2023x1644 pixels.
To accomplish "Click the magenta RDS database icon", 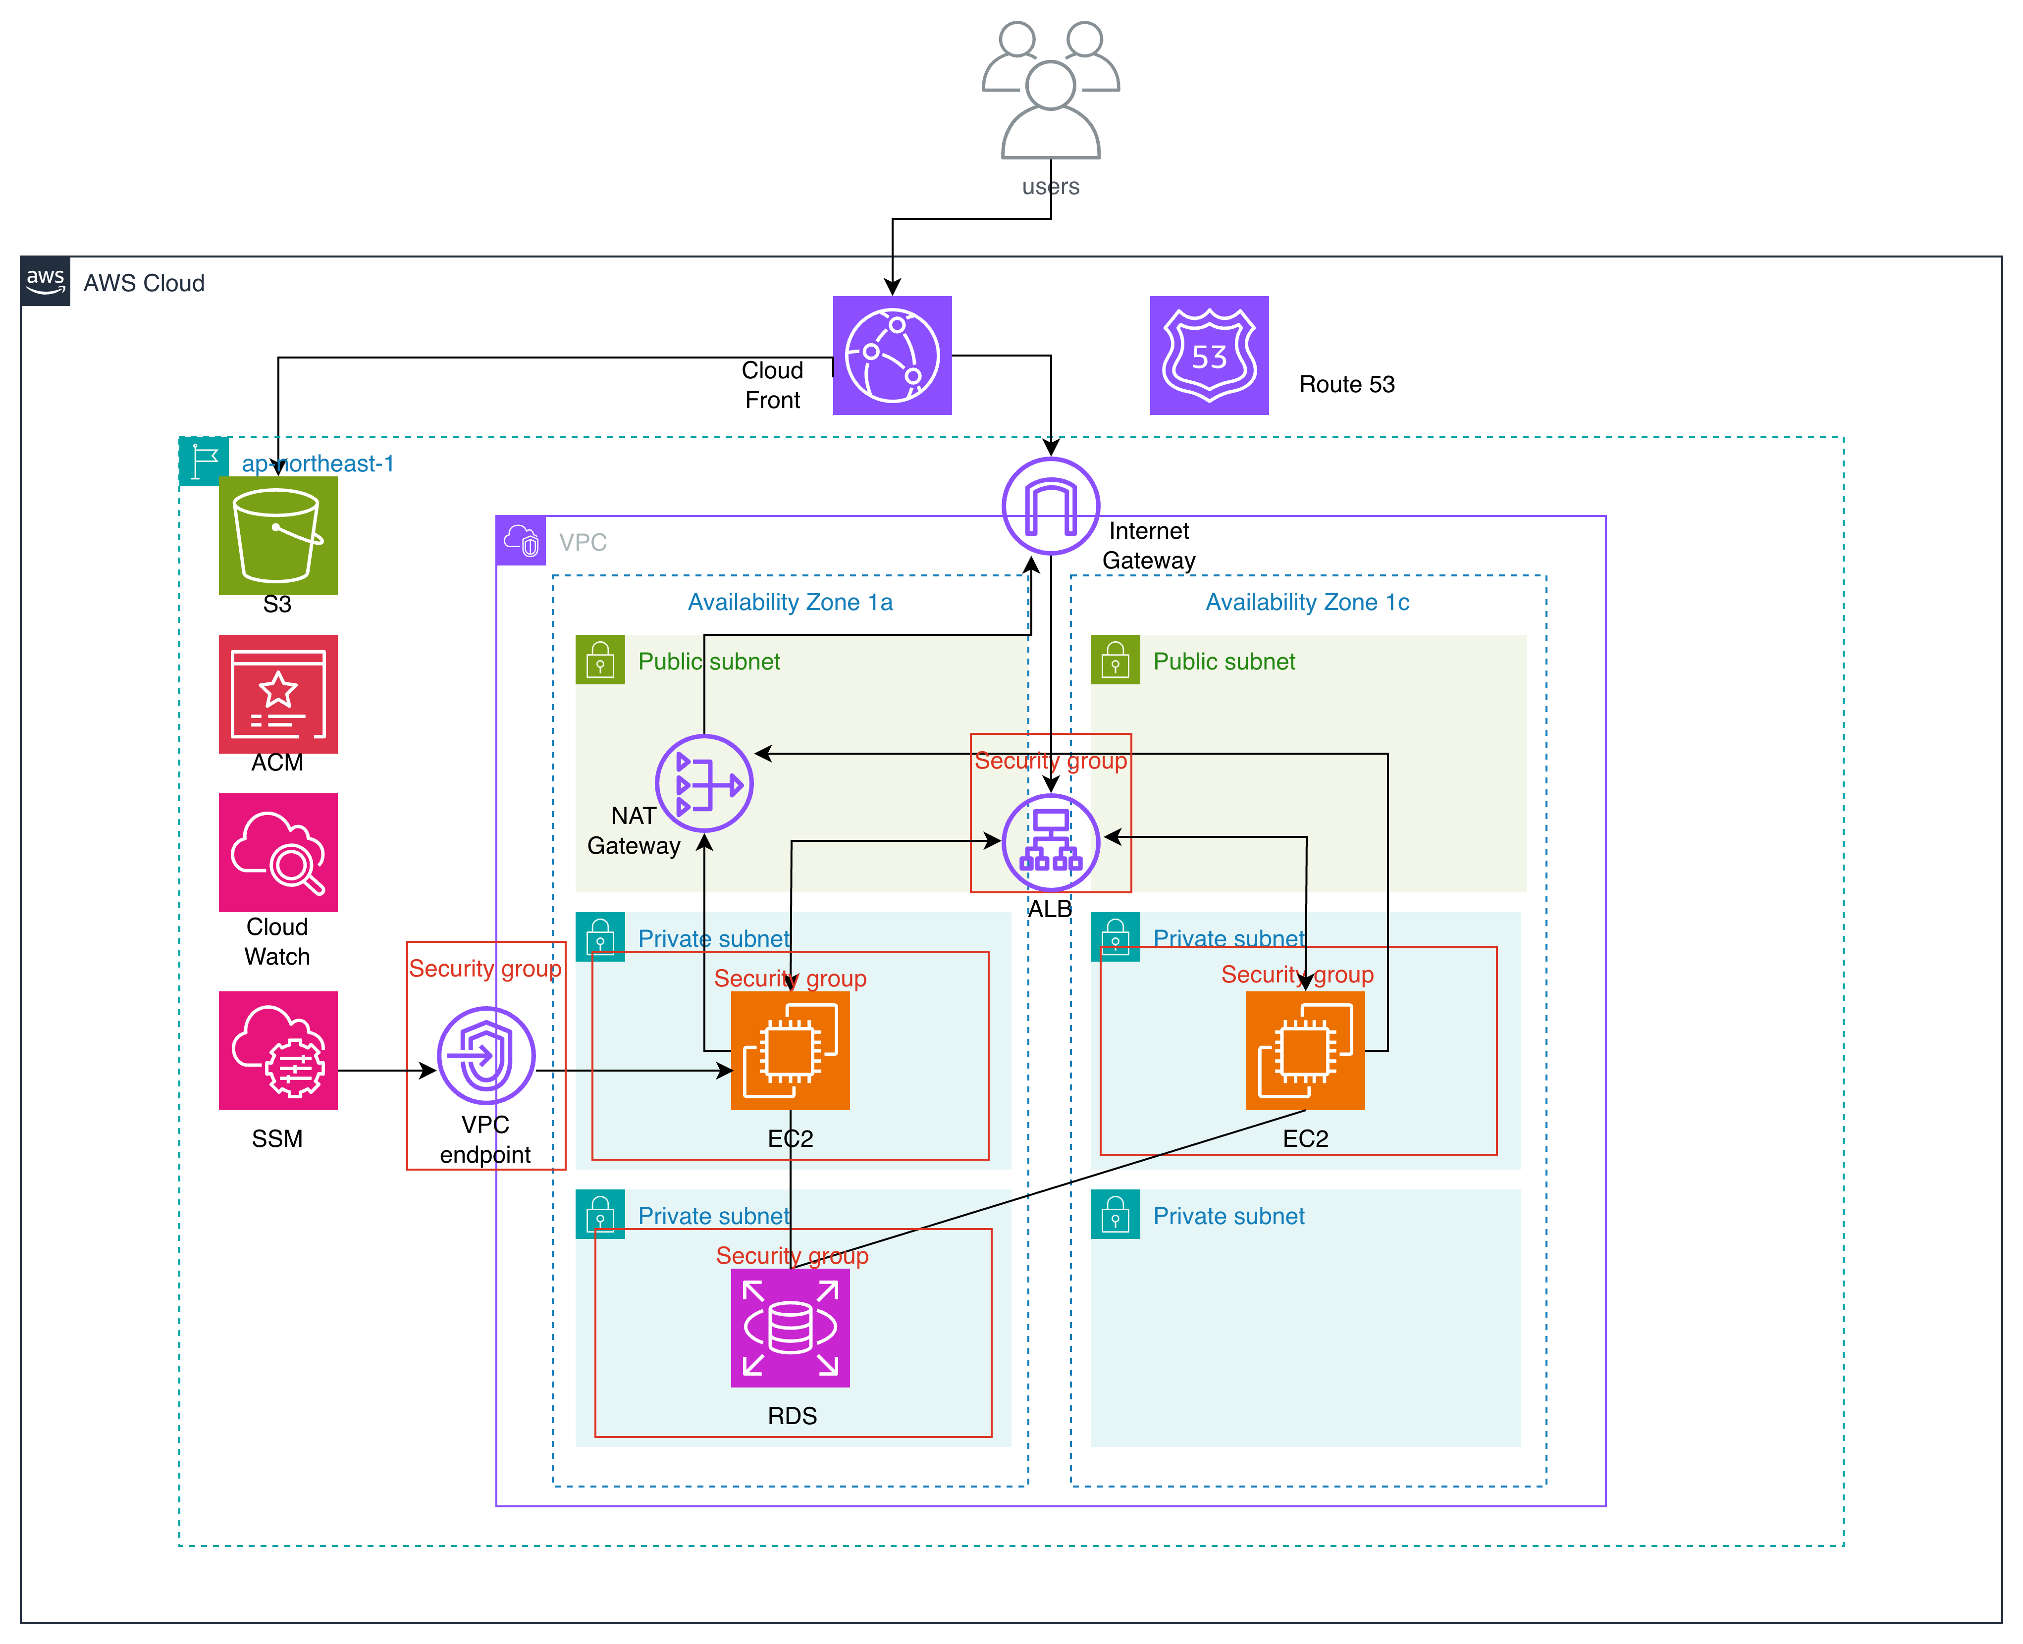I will [790, 1328].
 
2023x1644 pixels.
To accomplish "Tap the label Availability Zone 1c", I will [1307, 602].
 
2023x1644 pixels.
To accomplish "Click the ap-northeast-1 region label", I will [318, 464].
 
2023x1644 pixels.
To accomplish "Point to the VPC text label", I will [583, 543].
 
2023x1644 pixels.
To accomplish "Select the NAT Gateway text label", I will [634, 830].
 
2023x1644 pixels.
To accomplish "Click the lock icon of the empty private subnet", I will [1115, 1214].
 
